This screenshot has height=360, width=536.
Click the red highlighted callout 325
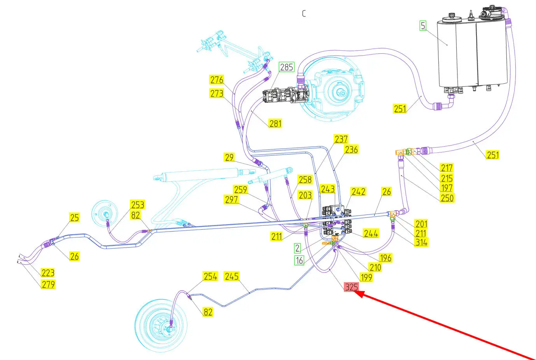(351, 287)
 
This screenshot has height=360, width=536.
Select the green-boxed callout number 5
(423, 26)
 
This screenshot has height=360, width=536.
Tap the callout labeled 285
(286, 67)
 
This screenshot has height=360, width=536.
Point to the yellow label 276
(217, 80)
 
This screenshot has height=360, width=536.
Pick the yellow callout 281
(275, 123)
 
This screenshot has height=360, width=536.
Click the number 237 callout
(341, 139)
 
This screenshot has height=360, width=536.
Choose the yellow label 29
(229, 157)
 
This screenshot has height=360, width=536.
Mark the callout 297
(231, 199)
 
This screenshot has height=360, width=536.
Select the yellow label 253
(137, 205)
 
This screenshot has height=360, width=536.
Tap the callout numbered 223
(48, 272)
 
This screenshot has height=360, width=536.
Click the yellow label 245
(231, 276)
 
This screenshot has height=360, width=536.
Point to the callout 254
(210, 276)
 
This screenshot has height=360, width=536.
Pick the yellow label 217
(447, 168)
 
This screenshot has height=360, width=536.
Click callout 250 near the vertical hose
(447, 198)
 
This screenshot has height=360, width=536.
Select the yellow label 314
(421, 242)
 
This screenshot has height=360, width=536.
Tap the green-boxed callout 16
(299, 260)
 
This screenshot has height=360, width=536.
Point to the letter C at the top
(304, 13)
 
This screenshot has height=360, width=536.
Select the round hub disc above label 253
(104, 213)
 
